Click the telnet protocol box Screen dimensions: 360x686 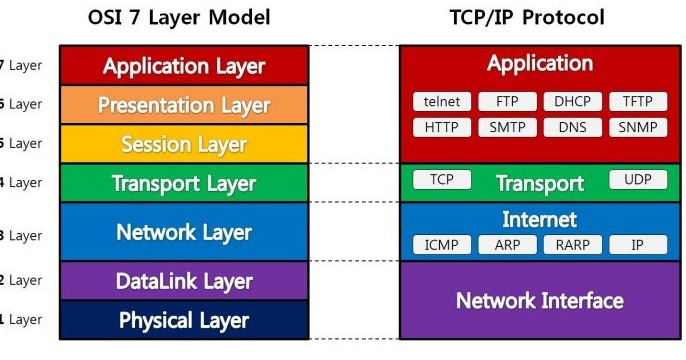click(441, 102)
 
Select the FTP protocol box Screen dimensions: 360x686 click(506, 102)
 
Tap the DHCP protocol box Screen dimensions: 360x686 click(571, 102)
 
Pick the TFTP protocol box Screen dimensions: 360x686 click(637, 102)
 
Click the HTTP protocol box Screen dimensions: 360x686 click(441, 128)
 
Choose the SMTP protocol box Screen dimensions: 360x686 click(506, 128)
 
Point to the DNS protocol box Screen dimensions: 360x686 click(571, 128)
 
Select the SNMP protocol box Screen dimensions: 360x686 click(637, 128)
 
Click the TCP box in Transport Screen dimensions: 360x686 click(441, 180)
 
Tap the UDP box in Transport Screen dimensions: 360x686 click(637, 180)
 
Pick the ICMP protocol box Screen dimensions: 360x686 click(441, 245)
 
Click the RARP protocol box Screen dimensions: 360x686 click(571, 245)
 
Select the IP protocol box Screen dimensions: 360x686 click(637, 245)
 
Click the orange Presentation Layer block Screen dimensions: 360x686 click(184, 105)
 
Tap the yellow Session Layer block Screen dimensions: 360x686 click(184, 144)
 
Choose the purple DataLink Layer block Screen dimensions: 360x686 click(184, 281)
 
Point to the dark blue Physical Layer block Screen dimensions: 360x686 click(184, 320)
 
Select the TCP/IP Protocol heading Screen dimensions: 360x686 click(540, 18)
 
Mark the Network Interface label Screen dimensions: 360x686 click(540, 300)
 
